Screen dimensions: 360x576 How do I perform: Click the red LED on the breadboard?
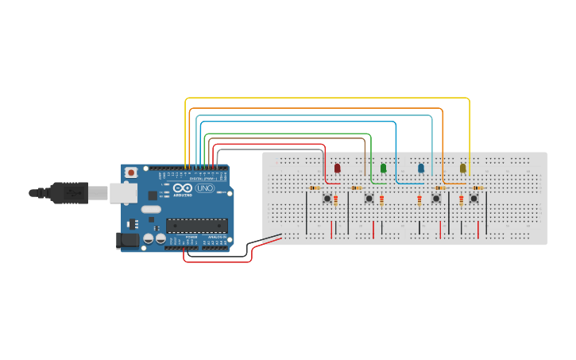[x=338, y=168]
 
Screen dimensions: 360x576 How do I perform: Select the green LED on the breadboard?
[x=383, y=168]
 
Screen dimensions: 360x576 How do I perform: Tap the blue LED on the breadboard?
[x=421, y=168]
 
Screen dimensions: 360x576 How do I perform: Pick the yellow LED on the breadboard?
[x=463, y=168]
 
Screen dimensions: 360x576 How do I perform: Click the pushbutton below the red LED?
[x=327, y=198]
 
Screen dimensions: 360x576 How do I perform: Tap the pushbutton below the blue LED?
[x=435, y=198]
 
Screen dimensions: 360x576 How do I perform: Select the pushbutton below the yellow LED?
[x=474, y=198]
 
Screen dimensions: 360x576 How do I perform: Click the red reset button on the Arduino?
[x=130, y=172]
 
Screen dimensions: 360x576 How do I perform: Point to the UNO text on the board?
[x=205, y=188]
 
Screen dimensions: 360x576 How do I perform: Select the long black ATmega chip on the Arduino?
[x=196, y=226]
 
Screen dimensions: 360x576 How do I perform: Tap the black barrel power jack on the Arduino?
[x=126, y=239]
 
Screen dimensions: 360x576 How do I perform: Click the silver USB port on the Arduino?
[x=122, y=192]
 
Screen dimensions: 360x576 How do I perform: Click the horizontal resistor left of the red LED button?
[x=315, y=188]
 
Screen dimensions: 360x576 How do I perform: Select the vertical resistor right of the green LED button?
[x=381, y=200]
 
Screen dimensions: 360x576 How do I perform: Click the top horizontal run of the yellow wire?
[x=326, y=99]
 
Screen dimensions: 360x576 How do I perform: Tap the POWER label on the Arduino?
[x=191, y=237]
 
